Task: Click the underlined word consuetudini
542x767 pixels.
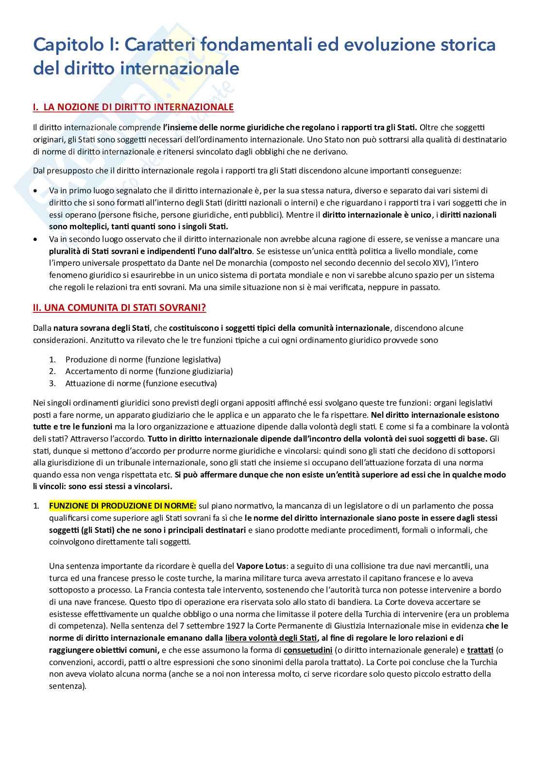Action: pos(308,650)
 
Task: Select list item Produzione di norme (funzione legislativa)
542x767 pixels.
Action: pos(143,359)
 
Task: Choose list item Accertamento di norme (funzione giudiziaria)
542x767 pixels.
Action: pos(149,371)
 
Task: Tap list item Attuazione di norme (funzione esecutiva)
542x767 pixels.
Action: pos(141,383)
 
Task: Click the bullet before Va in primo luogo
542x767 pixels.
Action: pos(35,191)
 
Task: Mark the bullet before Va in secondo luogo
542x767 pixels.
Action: pos(35,239)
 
